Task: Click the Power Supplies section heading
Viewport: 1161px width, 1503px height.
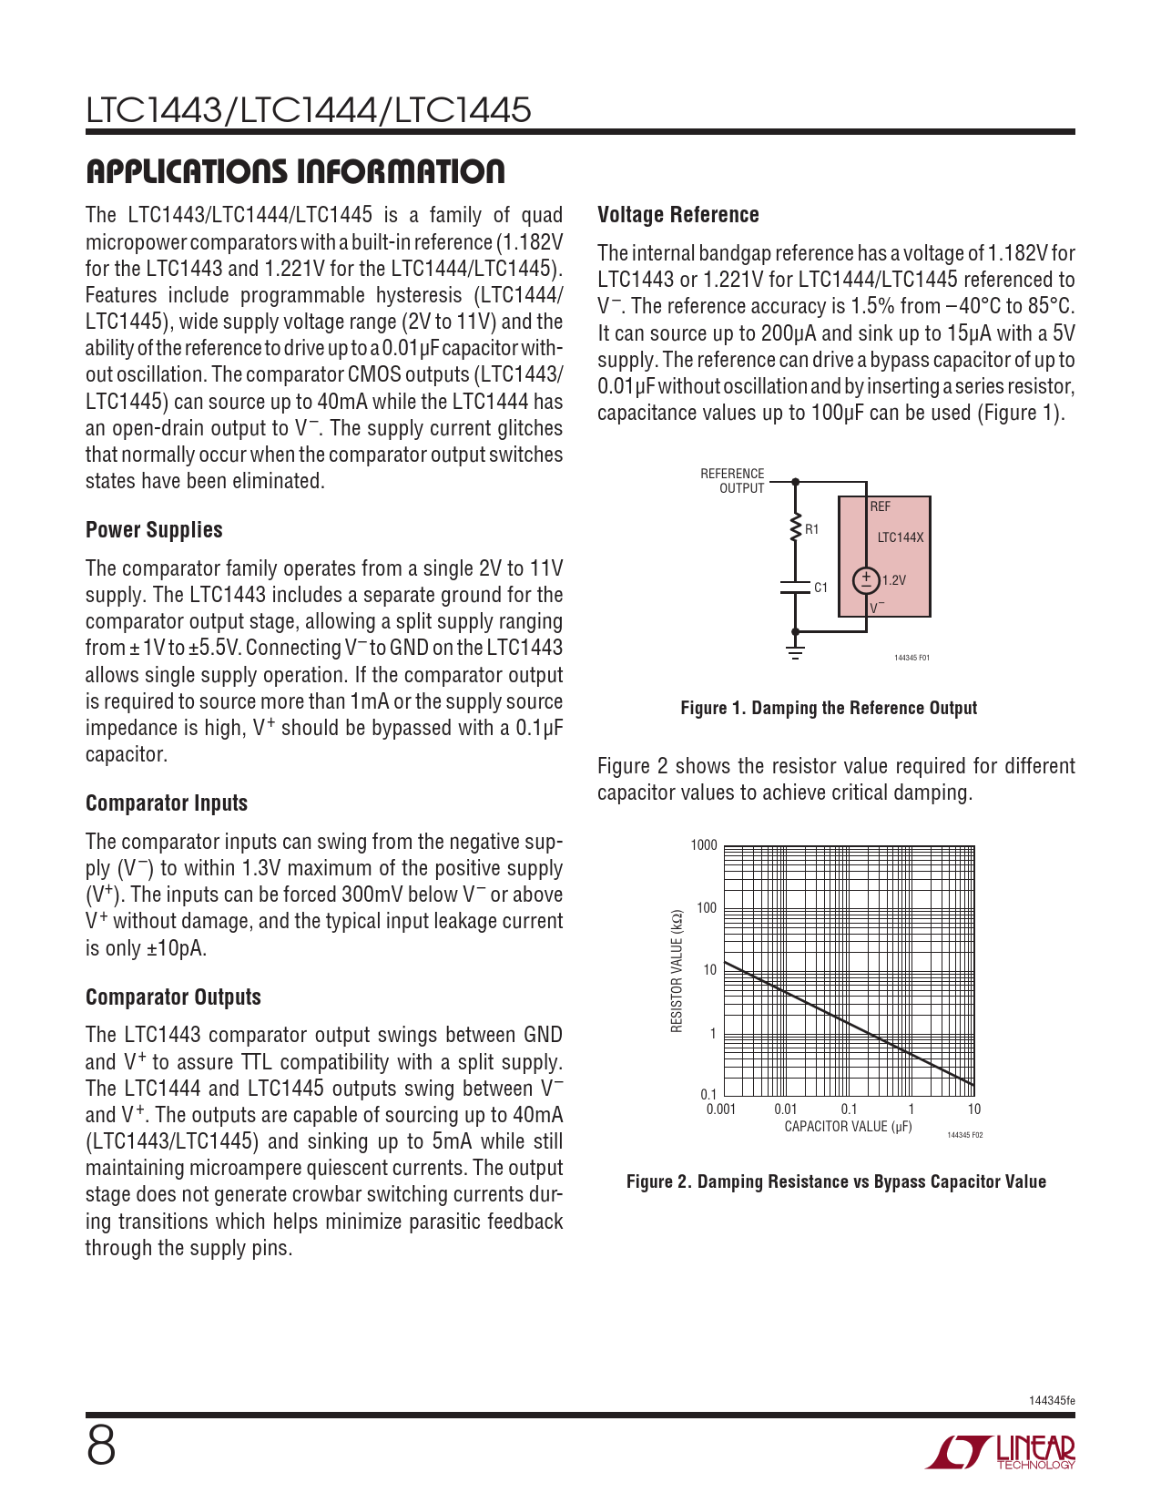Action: pos(154,530)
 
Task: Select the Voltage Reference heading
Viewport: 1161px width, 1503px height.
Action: pos(677,214)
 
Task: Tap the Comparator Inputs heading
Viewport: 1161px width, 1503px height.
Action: pos(166,803)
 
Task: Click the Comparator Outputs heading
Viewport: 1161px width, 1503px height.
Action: pos(173,997)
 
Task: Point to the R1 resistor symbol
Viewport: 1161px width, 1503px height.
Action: pos(795,528)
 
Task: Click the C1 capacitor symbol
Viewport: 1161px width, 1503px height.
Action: pos(795,588)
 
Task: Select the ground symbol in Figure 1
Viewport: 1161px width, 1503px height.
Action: pos(795,652)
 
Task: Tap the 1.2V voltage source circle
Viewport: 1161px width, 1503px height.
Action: pos(866,580)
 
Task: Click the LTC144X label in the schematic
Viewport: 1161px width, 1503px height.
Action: pos(901,537)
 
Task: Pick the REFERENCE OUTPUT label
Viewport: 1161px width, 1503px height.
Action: pos(732,481)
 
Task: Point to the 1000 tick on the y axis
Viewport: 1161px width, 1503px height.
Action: pos(704,845)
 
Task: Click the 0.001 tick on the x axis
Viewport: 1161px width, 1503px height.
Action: pos(720,1109)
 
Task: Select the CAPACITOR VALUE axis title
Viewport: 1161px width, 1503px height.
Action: pos(848,1127)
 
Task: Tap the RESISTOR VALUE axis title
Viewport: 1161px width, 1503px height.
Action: pos(677,971)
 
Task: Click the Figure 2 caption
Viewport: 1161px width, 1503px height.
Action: pos(836,1181)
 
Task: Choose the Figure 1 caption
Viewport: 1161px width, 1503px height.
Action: pos(829,709)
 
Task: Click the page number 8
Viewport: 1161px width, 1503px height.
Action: pos(101,1447)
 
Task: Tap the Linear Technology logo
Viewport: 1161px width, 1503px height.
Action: pos(1001,1452)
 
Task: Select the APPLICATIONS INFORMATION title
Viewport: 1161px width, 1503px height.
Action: pos(295,171)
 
